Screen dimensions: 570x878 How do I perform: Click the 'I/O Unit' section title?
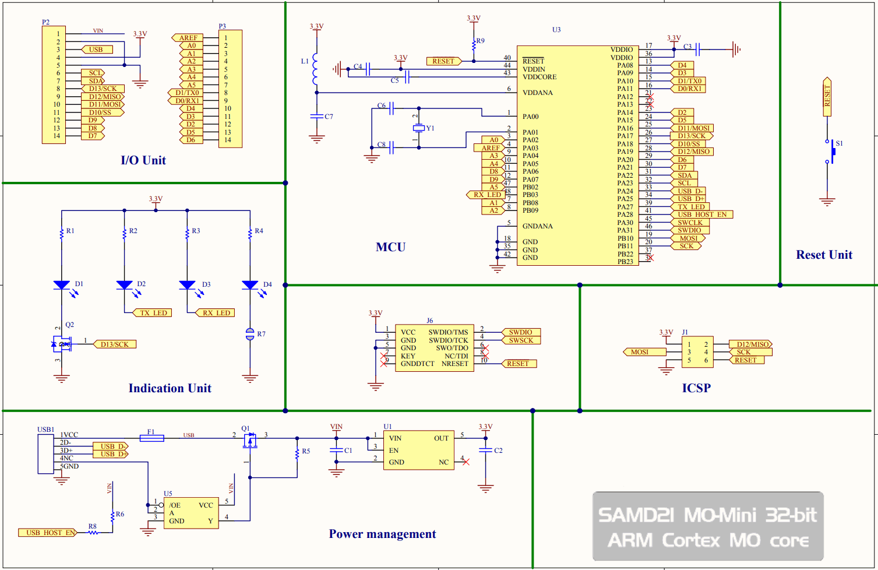(143, 160)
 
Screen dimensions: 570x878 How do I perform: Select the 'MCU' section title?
(390, 247)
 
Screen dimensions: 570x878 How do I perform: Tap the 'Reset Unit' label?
(824, 255)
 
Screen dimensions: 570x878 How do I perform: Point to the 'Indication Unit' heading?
(170, 388)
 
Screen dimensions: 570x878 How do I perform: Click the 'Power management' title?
(382, 534)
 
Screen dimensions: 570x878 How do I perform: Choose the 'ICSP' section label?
(696, 388)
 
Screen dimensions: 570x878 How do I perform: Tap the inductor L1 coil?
(316, 69)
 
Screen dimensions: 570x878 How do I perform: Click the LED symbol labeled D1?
(62, 285)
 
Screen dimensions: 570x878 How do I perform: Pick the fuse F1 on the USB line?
(151, 438)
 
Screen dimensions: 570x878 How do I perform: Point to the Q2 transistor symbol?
(61, 344)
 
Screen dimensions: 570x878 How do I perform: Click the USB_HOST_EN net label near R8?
(47, 533)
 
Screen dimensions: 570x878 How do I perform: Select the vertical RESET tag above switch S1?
(827, 96)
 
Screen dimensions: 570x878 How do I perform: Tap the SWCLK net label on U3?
(690, 223)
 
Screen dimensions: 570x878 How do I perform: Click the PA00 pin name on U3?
(530, 117)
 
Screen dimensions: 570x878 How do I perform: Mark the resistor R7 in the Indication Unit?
(250, 334)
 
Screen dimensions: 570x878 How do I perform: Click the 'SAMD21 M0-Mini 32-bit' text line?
(707, 515)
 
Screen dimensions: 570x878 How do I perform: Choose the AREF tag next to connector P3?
(188, 38)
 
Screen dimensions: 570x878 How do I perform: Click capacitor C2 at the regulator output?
(485, 450)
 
